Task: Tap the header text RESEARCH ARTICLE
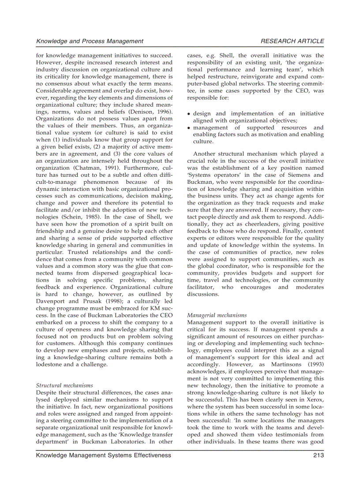pyautogui.click(x=292, y=41)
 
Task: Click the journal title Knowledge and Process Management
pyautogui.click(x=90, y=41)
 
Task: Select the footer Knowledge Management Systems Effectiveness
pyautogui.click(x=103, y=455)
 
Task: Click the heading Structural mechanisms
pyautogui.click(x=64, y=385)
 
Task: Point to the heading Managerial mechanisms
pyautogui.click(x=217, y=315)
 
